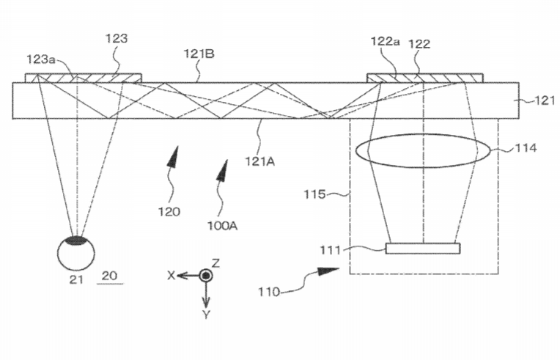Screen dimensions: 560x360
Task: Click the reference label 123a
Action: coord(41,59)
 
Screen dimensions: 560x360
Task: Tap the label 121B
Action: coord(199,54)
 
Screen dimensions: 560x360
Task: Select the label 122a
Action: coord(385,41)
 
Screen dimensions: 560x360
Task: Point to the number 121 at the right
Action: coord(545,100)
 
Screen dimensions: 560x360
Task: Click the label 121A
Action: coord(259,161)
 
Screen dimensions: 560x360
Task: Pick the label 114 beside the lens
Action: coord(526,147)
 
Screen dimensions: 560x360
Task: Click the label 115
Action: coord(314,194)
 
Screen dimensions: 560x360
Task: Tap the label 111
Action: coord(331,249)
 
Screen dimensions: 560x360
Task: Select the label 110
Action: coord(269,292)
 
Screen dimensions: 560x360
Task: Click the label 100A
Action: coord(223,226)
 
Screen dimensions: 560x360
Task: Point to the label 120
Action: coord(169,212)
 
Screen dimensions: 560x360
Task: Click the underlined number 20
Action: coord(109,276)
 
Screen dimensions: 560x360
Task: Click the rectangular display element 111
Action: coord(423,249)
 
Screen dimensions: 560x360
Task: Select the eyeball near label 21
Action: coord(76,253)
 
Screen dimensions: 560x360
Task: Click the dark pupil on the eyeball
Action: coord(76,240)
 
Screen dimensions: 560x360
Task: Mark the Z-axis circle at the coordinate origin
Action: coord(205,276)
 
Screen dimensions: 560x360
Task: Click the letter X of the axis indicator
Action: coord(172,276)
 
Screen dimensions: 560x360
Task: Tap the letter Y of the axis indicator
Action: coord(206,315)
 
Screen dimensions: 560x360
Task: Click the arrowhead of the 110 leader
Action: coord(328,271)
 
